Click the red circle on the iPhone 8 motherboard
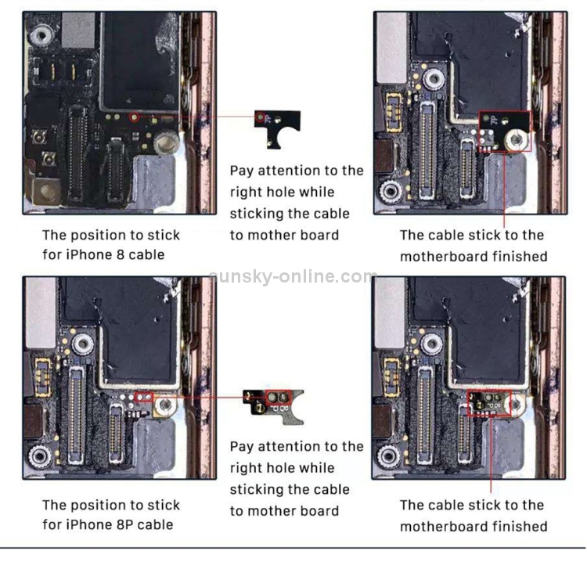pyautogui.click(x=135, y=117)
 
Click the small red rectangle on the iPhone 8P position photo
pyautogui.click(x=143, y=398)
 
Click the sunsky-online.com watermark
pyautogui.click(x=293, y=276)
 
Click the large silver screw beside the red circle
pyautogui.click(x=166, y=144)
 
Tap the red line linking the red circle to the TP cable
pyautogui.click(x=196, y=117)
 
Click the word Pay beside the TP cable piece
pyautogui.click(x=243, y=171)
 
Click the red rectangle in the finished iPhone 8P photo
pyautogui.click(x=489, y=402)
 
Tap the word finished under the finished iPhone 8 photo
pyautogui.click(x=520, y=256)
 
